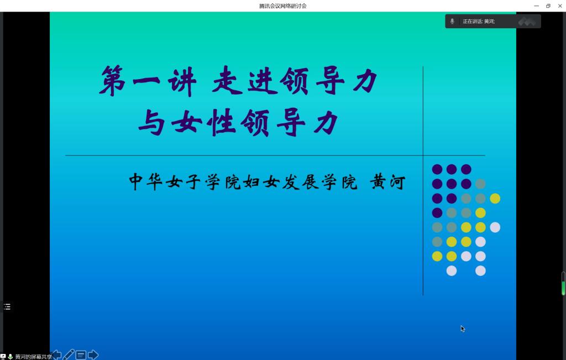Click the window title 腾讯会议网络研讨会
(x=282, y=6)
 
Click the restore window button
(x=548, y=6)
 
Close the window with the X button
(x=560, y=6)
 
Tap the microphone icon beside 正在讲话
(x=452, y=22)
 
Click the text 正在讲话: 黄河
(x=479, y=22)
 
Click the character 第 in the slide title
(x=113, y=81)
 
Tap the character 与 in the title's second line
(x=151, y=122)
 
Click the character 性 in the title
(x=221, y=122)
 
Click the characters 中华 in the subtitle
(x=145, y=181)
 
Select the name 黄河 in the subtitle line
(x=387, y=181)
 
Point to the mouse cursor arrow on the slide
(x=463, y=328)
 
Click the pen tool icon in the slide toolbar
(x=68, y=354)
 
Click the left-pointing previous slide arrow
(x=56, y=354)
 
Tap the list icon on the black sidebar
(x=7, y=306)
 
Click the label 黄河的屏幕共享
(x=34, y=357)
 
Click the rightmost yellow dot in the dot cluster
(x=495, y=198)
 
